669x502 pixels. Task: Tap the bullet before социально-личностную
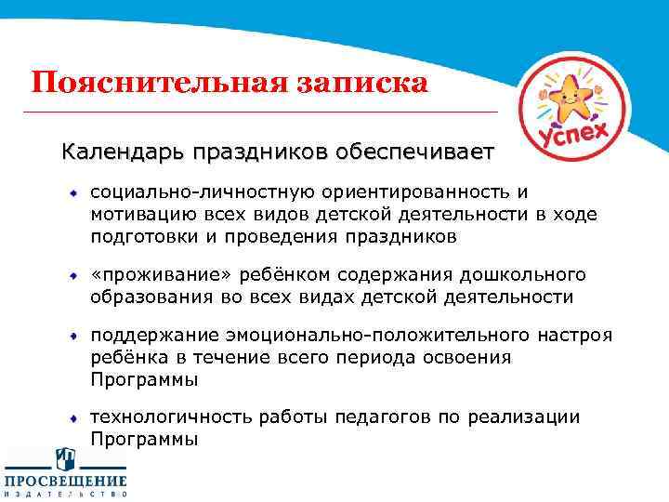[x=73, y=193]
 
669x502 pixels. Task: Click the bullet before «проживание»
[x=73, y=276]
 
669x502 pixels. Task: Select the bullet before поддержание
[x=73, y=335]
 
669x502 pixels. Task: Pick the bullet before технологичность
[x=73, y=417]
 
